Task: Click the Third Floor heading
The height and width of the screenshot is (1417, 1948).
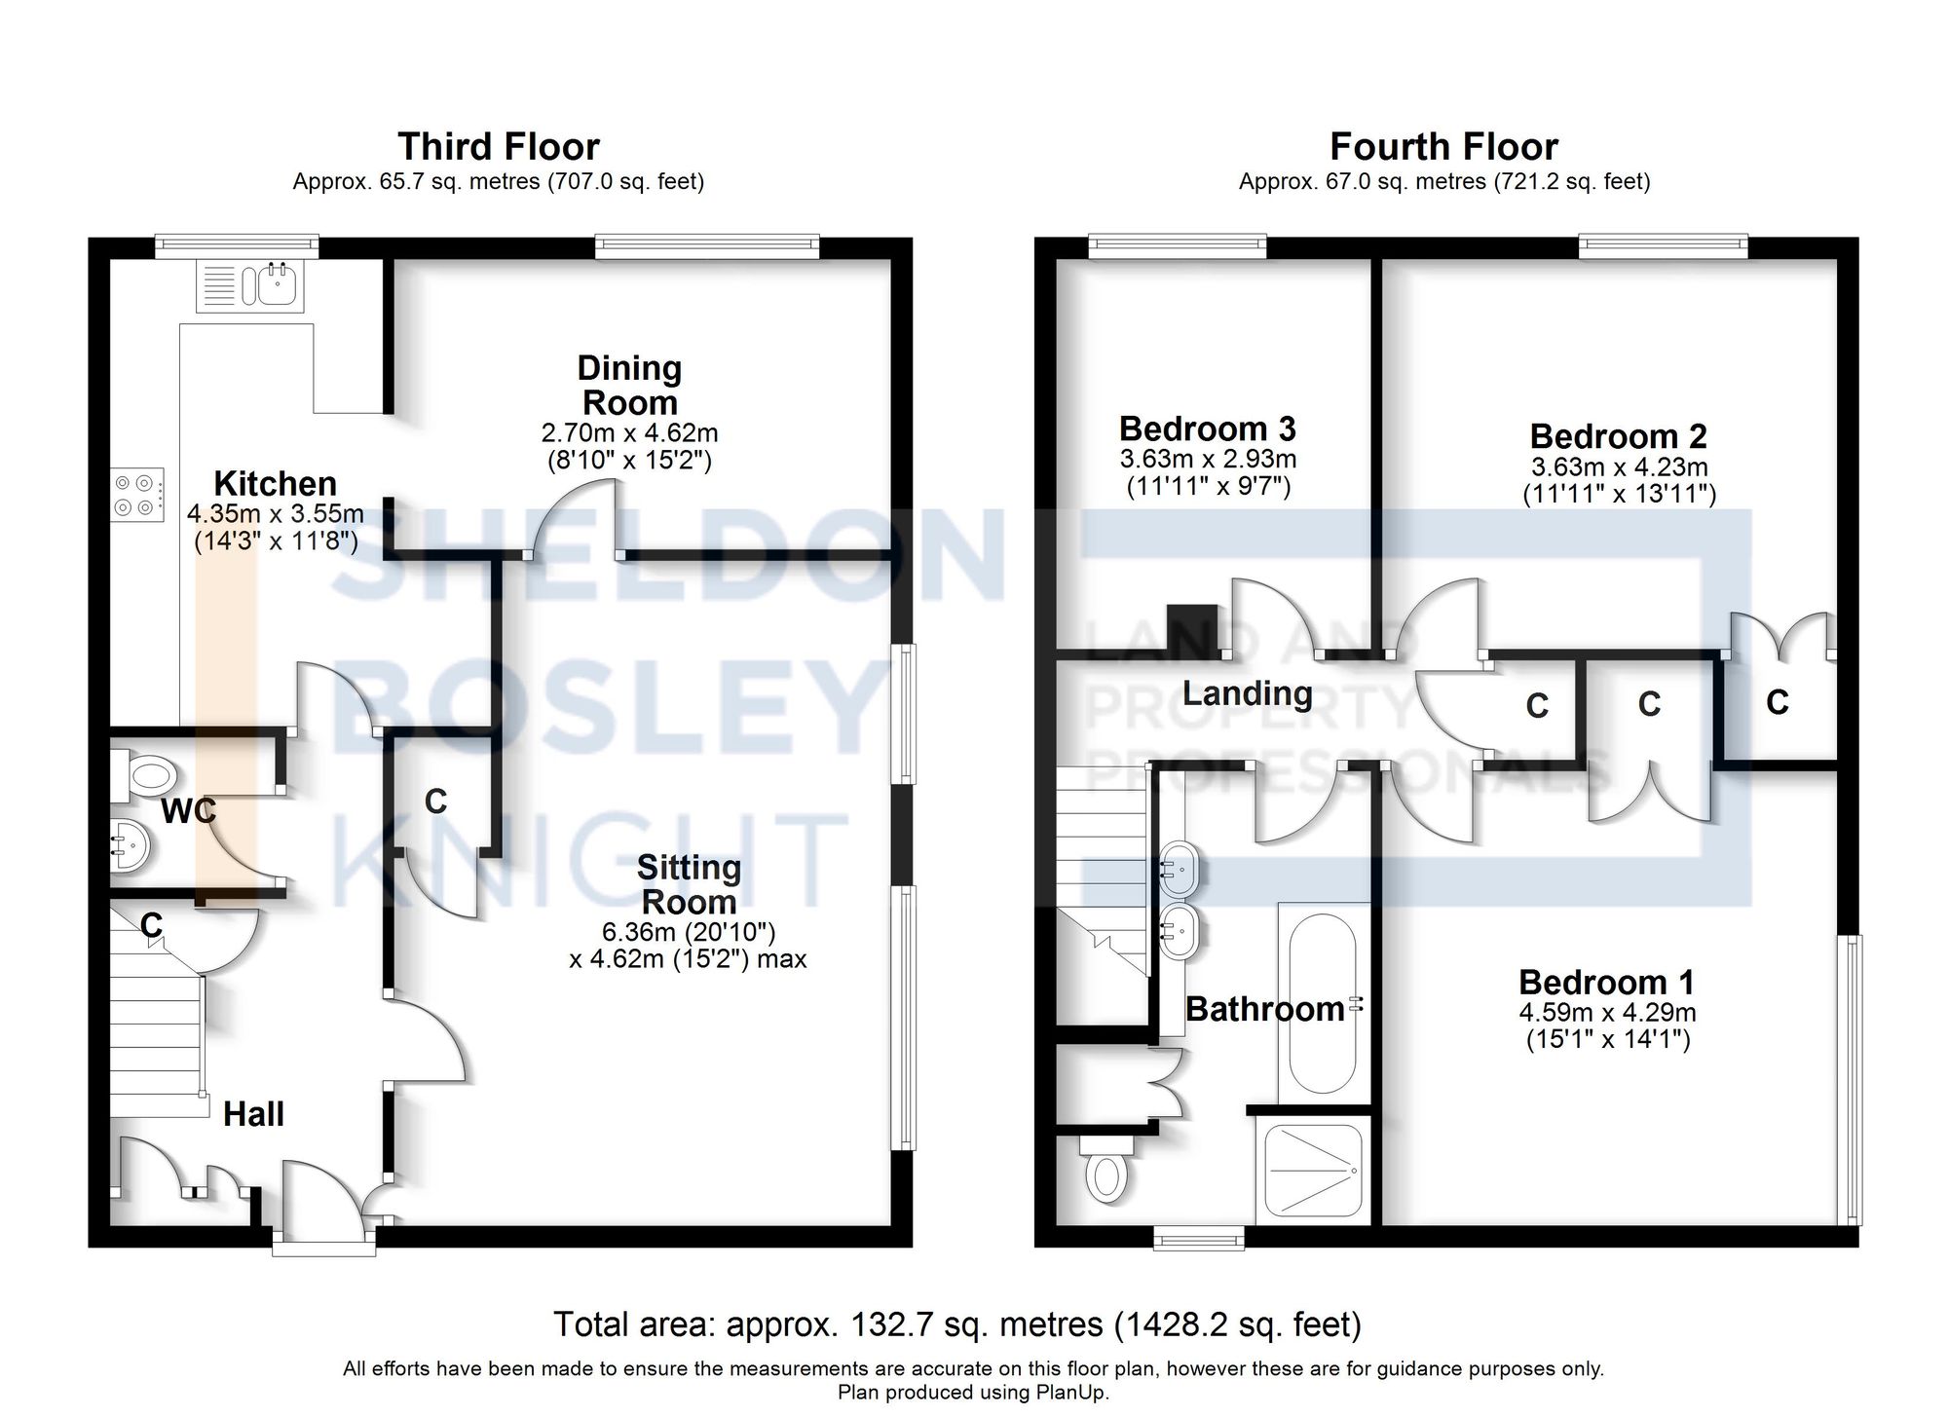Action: click(x=498, y=147)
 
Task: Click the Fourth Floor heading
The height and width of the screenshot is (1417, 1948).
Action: click(x=1442, y=147)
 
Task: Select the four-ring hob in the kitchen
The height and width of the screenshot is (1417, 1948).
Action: click(x=135, y=495)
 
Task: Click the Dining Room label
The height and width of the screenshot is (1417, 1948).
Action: click(x=628, y=386)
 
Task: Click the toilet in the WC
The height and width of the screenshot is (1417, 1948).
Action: click(x=146, y=776)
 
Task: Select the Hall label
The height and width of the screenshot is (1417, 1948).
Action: click(x=253, y=1113)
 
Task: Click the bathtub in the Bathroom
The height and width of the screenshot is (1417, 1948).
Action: click(x=1322, y=1003)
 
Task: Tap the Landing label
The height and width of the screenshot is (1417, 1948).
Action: click(x=1247, y=693)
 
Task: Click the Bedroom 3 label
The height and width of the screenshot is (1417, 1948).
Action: click(x=1207, y=429)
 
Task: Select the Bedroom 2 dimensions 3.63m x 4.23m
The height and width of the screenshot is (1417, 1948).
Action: click(x=1619, y=466)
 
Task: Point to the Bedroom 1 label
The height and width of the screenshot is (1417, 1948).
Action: click(x=1606, y=982)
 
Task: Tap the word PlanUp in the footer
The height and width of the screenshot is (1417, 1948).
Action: click(x=1071, y=1393)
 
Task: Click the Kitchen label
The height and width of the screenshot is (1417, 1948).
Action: click(x=275, y=483)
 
